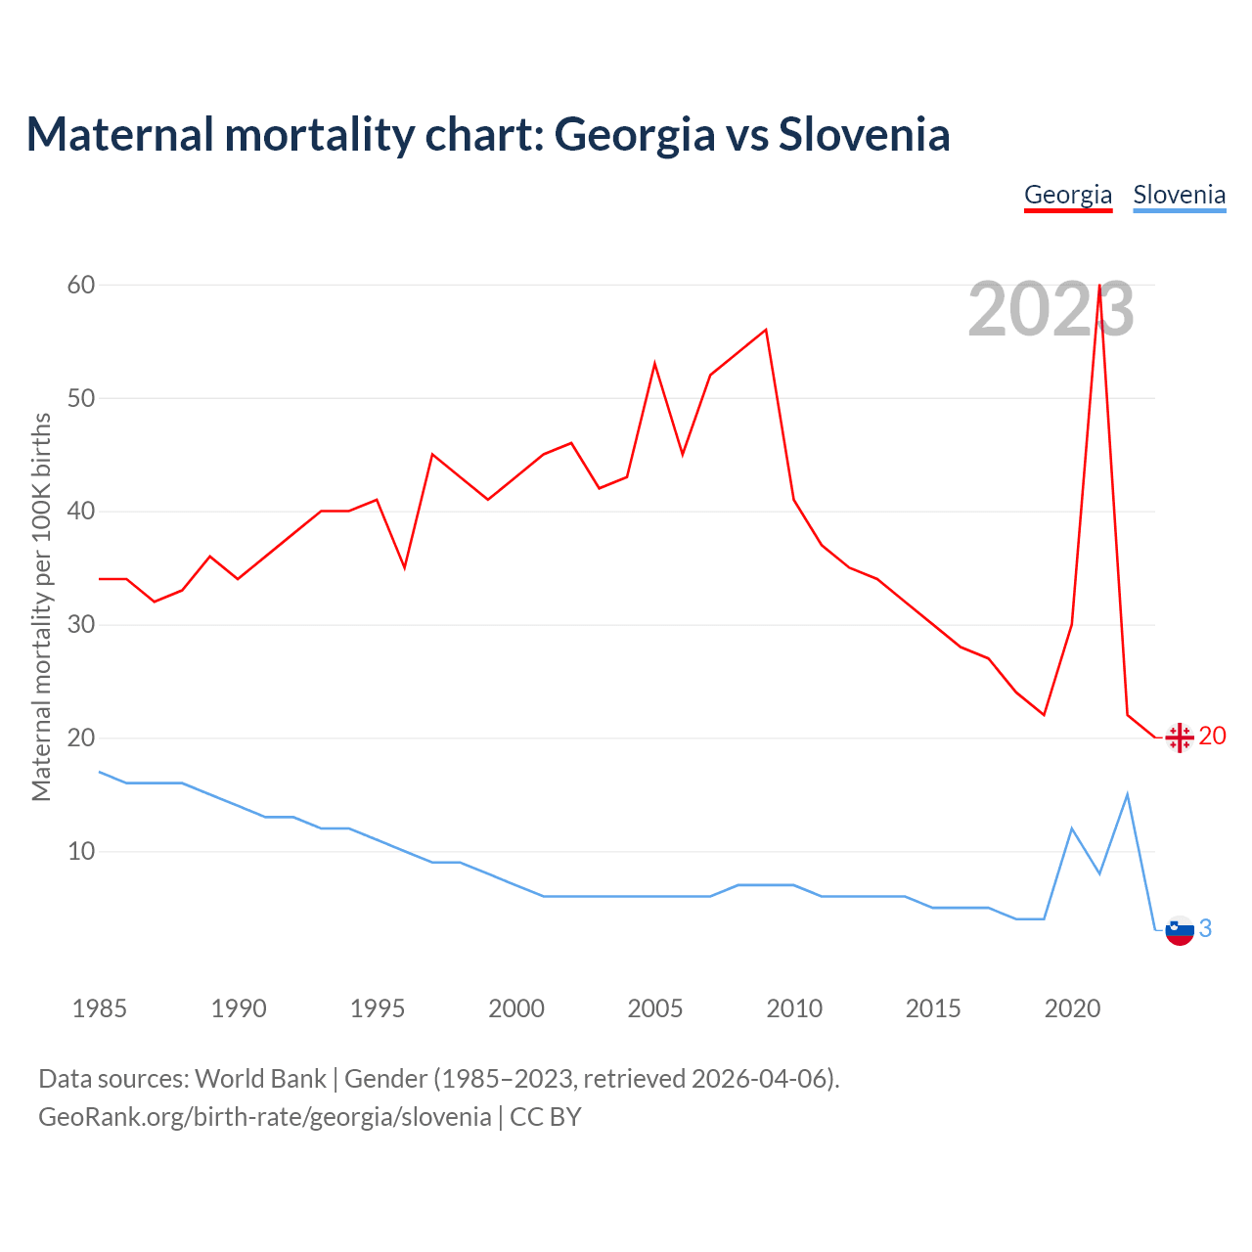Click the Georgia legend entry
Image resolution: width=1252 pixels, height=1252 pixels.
[x=1068, y=195]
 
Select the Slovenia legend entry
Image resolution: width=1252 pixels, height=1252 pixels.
[x=1179, y=195]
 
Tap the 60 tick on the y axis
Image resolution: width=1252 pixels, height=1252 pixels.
[x=81, y=285]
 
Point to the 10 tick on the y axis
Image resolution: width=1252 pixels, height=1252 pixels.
[x=81, y=851]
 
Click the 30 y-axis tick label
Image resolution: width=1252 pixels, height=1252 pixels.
[x=81, y=624]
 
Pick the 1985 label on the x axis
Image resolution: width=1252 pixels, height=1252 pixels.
[x=99, y=1008]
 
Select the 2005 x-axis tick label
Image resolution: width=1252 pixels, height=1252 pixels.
[x=654, y=1008]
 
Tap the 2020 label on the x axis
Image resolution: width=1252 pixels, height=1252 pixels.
[x=1072, y=1008]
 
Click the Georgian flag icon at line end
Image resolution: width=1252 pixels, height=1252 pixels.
[x=1180, y=738]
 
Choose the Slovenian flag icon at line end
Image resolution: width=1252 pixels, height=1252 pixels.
[x=1180, y=930]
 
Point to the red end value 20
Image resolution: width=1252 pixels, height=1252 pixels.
[x=1212, y=736]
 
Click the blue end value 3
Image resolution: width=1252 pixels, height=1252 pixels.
[x=1205, y=928]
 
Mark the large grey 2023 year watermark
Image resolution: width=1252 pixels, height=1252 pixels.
[x=1051, y=310]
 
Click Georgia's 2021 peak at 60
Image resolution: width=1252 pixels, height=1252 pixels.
[x=1099, y=286]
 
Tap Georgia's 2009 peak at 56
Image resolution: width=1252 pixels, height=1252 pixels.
[x=766, y=330]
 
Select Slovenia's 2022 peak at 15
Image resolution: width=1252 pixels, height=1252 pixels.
[x=1128, y=794]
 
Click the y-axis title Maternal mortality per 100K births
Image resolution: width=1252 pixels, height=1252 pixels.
[x=41, y=606]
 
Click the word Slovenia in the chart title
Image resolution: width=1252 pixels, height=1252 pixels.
[x=864, y=134]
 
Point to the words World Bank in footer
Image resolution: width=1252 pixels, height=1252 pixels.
[x=260, y=1079]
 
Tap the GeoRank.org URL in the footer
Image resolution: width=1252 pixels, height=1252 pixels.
[x=265, y=1117]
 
